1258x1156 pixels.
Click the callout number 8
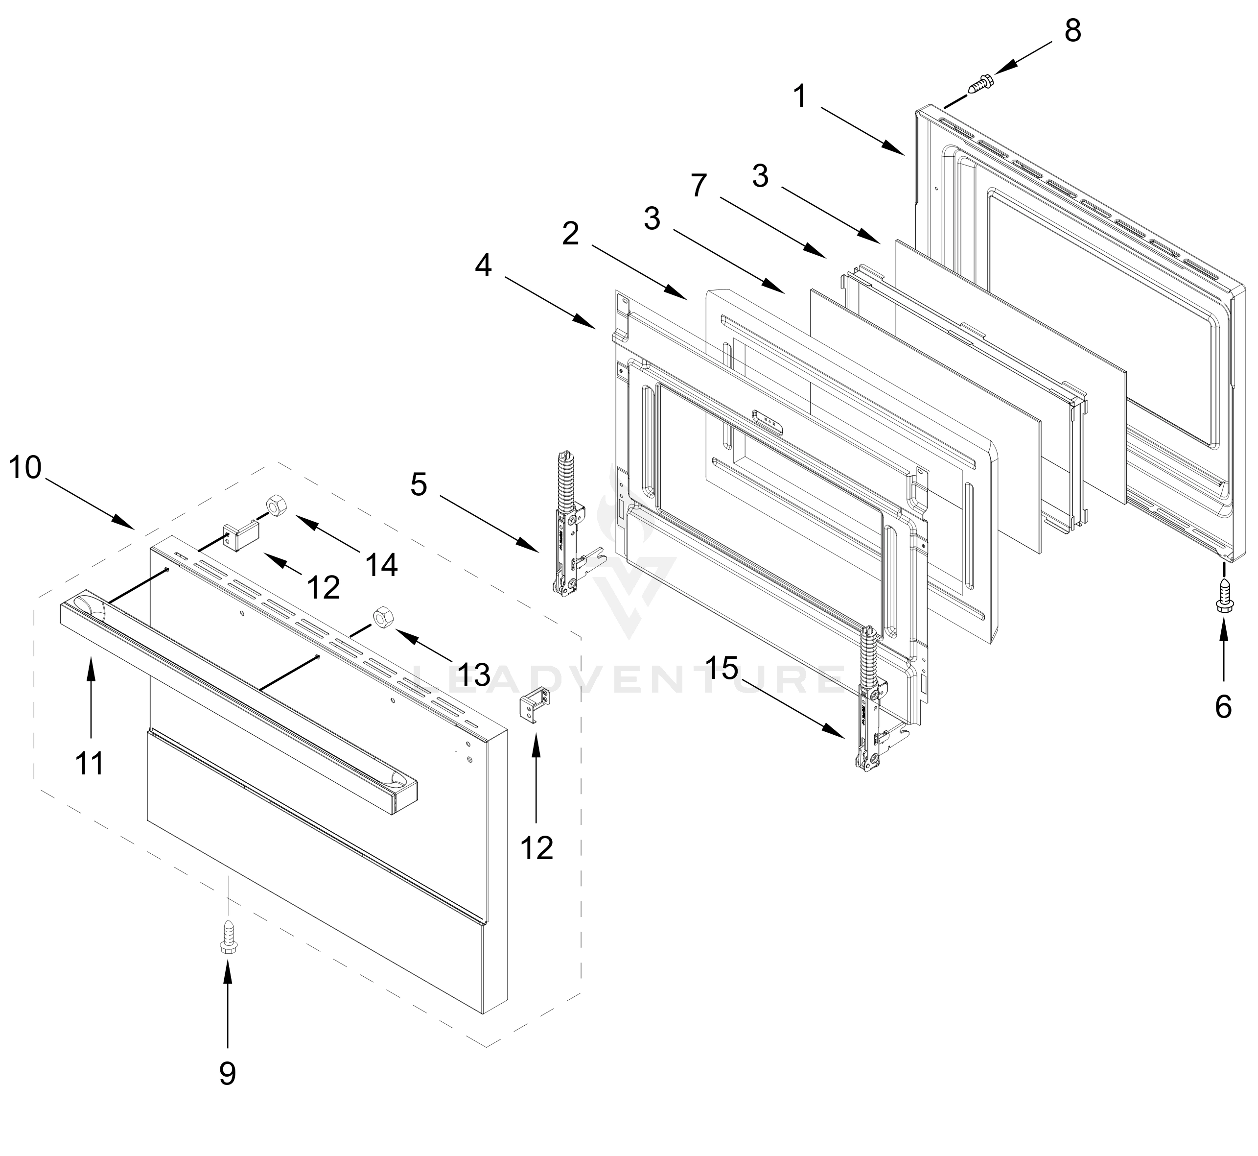[1073, 31]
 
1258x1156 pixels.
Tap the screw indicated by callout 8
[980, 84]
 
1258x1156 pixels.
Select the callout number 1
[800, 97]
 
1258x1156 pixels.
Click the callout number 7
[699, 185]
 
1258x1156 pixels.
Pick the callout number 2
[570, 235]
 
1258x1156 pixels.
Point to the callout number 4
[483, 266]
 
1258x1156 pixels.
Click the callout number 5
[419, 484]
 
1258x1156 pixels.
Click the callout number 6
[1223, 706]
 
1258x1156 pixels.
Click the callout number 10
[25, 467]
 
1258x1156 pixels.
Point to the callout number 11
[90, 763]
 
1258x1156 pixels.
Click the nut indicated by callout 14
[276, 504]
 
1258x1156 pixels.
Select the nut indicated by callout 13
[381, 617]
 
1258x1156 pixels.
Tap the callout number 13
[473, 674]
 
